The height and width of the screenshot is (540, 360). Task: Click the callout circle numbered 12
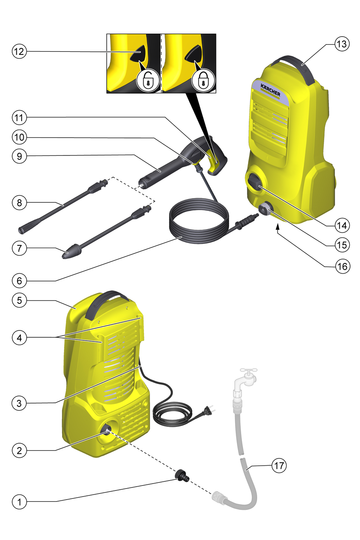19,51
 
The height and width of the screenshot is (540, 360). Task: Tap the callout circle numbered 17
279,466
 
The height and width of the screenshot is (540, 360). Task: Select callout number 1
19,502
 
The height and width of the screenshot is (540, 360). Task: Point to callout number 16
342,266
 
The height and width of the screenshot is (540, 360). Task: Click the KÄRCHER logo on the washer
270,90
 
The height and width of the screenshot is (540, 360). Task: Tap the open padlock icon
148,80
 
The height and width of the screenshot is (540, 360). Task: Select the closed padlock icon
203,80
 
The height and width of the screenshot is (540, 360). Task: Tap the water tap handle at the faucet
249,370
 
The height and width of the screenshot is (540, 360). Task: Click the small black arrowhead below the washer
278,226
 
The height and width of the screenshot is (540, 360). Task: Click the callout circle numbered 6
19,281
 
